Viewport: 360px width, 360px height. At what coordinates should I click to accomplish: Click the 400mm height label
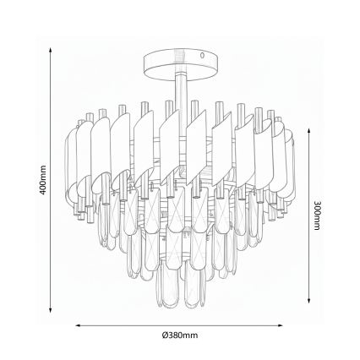tap(42, 180)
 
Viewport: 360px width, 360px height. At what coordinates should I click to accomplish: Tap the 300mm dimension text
tap(317, 217)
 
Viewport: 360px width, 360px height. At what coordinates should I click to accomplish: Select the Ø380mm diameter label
tap(180, 335)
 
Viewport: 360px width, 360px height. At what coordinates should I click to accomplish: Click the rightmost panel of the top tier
tap(286, 161)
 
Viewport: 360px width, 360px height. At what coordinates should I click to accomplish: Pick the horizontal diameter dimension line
tap(179, 324)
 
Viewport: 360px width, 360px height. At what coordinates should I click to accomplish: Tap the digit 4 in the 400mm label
tap(42, 191)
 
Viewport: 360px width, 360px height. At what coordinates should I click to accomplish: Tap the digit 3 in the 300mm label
tap(317, 204)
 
